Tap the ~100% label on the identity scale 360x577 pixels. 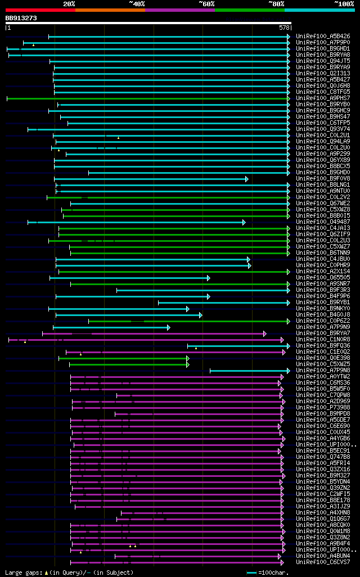click(344, 3)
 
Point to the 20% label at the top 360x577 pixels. click(69, 3)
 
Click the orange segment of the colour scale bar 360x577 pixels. click(110, 10)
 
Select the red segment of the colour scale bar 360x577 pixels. click(40, 10)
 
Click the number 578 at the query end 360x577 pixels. click(284, 28)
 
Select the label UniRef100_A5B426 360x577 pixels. click(323, 37)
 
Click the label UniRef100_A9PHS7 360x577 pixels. click(323, 98)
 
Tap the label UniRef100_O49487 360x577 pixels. click(323, 222)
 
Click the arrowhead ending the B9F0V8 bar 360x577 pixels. click(246, 179)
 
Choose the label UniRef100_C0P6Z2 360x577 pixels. click(323, 321)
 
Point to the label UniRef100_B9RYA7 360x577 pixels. click(323, 333)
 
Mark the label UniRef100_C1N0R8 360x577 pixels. click(323, 340)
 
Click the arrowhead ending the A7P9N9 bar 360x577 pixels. click(168, 327)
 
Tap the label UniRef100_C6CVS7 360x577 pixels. click(323, 562)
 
